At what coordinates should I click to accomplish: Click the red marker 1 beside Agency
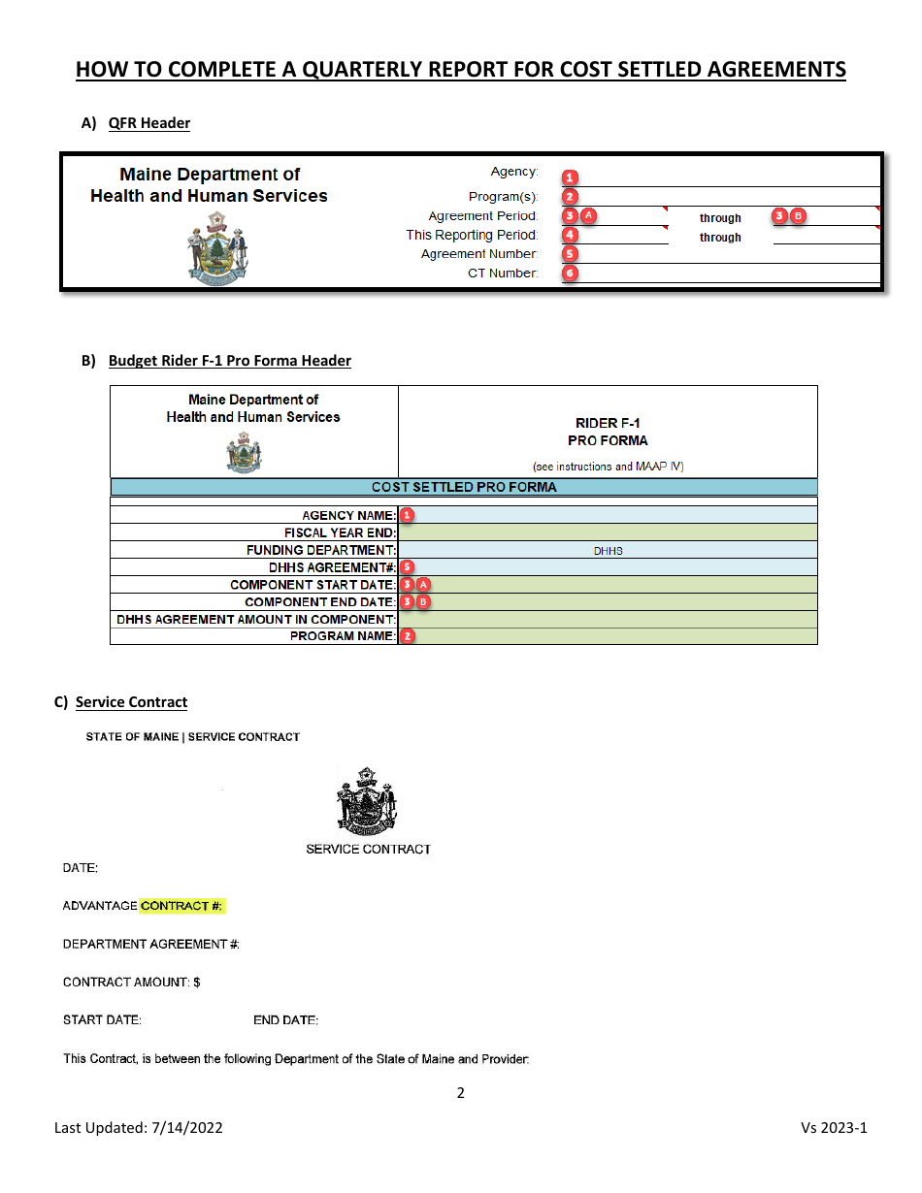tap(571, 177)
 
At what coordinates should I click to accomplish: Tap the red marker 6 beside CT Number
tap(571, 274)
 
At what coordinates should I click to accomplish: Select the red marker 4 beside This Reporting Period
tap(571, 235)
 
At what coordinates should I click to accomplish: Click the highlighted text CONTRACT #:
tap(182, 906)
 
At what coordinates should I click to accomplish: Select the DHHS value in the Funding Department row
tap(608, 550)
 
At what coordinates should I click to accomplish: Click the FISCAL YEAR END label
tap(340, 532)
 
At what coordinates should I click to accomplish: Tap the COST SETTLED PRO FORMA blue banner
tap(464, 487)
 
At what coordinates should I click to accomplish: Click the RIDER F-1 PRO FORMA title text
tap(608, 432)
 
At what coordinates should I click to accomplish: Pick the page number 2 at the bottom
tap(460, 1093)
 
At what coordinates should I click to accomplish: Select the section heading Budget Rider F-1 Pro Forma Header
tap(229, 361)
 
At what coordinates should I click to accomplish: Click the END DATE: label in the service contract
tap(285, 1020)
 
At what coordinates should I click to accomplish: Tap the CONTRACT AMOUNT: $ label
tap(131, 983)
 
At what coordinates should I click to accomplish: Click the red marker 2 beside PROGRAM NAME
tap(408, 636)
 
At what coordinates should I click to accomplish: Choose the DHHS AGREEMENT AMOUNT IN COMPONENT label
tap(256, 619)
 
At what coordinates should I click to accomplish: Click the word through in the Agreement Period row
tap(720, 218)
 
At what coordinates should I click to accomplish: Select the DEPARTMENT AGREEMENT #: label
tap(151, 944)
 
